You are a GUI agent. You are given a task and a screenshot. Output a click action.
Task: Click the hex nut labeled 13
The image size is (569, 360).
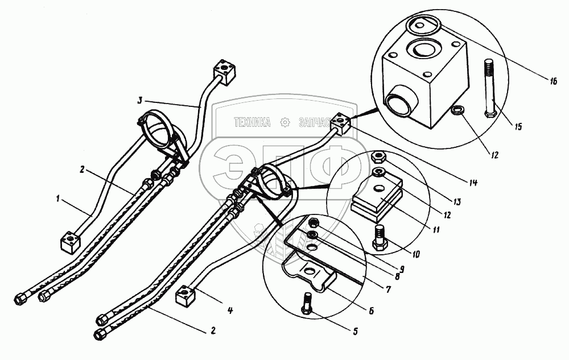[x=378, y=156]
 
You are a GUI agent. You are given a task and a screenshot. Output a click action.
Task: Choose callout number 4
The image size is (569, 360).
[x=229, y=311]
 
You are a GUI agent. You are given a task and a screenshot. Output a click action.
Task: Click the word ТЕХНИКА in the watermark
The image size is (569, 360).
[x=253, y=122]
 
